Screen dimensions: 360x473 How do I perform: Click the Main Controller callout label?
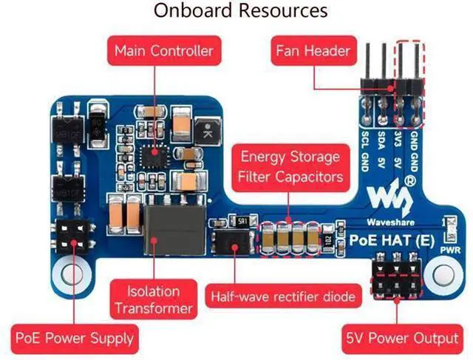tap(164, 51)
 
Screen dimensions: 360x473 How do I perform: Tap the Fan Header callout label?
tap(313, 51)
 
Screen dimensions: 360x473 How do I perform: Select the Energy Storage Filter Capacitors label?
tap(290, 167)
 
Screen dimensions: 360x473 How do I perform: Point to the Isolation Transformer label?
tap(152, 299)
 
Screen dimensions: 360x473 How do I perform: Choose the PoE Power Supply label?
tap(75, 339)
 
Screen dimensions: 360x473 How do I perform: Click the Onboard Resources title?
tap(241, 11)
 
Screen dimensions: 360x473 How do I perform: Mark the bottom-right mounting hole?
tap(443, 271)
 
